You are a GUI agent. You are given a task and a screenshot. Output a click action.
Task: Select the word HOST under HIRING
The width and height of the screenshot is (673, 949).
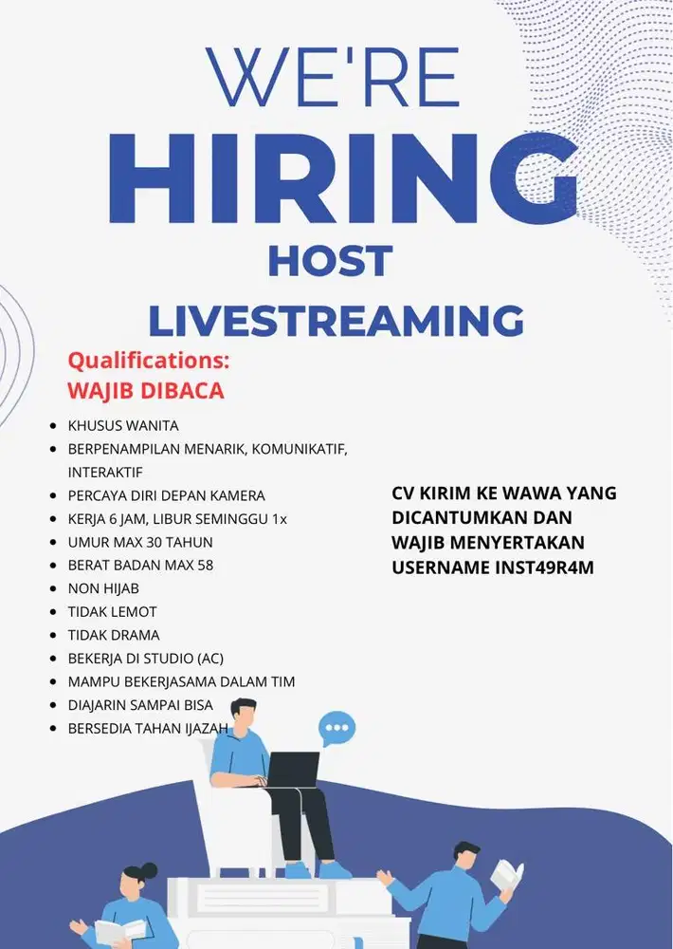click(330, 261)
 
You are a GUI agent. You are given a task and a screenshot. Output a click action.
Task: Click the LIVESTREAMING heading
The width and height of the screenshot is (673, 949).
click(336, 320)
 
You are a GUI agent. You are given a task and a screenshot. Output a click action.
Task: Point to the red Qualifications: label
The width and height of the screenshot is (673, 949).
click(149, 362)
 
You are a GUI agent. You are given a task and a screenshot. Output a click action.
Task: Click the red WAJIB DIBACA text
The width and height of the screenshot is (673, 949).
click(145, 390)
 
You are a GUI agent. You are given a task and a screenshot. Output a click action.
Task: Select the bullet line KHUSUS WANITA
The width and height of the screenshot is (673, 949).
click(123, 425)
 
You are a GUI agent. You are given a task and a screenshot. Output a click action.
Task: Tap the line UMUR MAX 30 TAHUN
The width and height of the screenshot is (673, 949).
click(140, 542)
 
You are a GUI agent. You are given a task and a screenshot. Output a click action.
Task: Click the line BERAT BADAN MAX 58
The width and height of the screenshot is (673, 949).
click(140, 565)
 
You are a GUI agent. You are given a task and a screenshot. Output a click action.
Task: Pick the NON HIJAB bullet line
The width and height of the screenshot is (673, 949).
click(103, 588)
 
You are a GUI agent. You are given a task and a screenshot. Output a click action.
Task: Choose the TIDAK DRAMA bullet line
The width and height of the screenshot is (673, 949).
click(114, 635)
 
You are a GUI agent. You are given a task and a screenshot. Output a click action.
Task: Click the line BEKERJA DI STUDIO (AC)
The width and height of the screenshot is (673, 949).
click(145, 658)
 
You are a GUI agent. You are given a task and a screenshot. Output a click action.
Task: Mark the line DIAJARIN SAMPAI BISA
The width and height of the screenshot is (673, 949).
click(140, 705)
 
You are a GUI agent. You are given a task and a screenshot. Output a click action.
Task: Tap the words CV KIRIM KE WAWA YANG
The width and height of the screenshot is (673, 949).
click(503, 493)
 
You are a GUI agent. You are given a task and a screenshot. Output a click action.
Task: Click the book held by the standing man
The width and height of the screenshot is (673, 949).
click(507, 876)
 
